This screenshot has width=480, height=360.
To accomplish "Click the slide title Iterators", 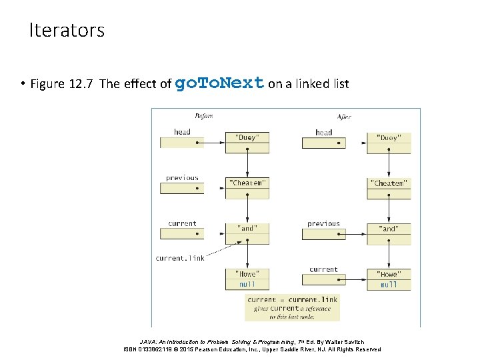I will [67, 31].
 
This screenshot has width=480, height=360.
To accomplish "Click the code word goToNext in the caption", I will [219, 83].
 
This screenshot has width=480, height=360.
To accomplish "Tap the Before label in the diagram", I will [203, 117].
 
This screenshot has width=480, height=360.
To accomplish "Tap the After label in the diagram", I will [344, 117].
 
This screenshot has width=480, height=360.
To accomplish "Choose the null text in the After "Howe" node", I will [389, 285].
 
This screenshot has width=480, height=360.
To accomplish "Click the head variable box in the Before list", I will [182, 142].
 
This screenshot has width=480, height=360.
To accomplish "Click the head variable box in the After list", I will [323, 143].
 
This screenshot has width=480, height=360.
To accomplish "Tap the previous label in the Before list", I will [182, 178].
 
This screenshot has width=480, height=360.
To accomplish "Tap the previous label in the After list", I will [323, 224].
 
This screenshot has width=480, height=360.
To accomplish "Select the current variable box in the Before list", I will [182, 233].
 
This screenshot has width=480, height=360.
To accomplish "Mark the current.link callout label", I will [180, 258].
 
